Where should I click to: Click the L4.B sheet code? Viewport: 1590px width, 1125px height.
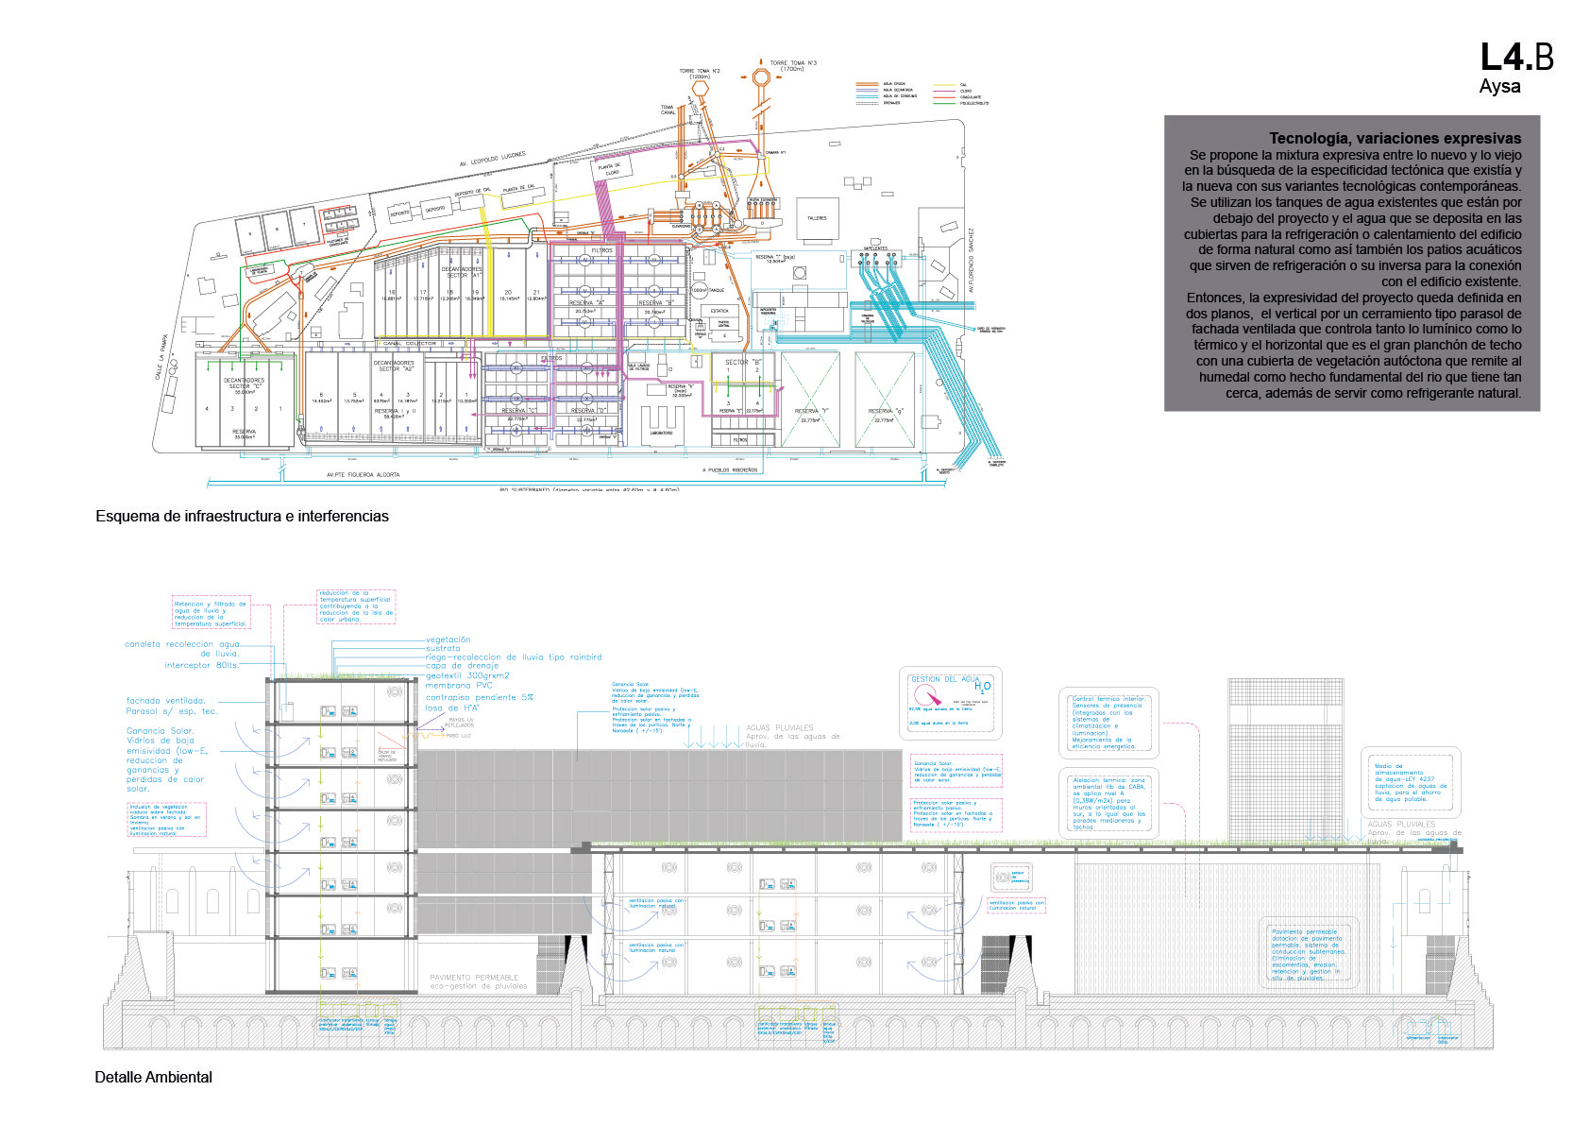tap(1515, 58)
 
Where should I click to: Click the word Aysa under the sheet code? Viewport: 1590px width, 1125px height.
tap(1499, 87)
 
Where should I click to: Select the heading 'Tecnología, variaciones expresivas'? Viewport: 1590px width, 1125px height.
tap(1395, 138)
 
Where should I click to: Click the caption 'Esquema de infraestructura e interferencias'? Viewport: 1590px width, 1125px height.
tap(242, 516)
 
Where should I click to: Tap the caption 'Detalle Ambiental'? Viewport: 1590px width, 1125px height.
tap(153, 1077)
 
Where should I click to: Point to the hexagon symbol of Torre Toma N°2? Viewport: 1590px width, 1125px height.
tap(700, 87)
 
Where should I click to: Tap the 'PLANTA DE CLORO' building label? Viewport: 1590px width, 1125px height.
tap(610, 169)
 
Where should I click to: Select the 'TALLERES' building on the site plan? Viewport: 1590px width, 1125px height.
tap(817, 218)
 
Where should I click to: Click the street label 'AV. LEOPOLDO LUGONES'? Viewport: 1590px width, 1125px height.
tap(492, 159)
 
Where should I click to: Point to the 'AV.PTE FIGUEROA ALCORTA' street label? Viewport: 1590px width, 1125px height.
tap(363, 475)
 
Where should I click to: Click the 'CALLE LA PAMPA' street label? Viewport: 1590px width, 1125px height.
tap(161, 362)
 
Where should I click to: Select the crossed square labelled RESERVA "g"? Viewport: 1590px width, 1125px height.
tap(885, 399)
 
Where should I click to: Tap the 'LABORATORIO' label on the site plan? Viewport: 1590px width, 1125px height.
tap(661, 434)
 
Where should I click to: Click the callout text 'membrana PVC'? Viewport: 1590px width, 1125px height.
tap(459, 686)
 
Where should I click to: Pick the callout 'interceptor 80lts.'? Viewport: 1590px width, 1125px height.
tap(202, 665)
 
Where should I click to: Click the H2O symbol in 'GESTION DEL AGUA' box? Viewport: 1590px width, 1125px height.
tap(983, 687)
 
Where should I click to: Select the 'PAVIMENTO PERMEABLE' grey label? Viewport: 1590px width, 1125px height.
tap(474, 978)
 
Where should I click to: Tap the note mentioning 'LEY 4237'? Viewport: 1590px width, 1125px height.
tap(1411, 782)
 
